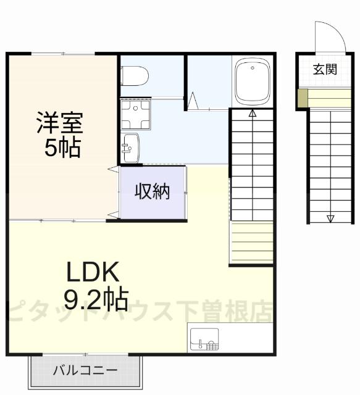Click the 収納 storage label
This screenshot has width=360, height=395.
(x=152, y=192)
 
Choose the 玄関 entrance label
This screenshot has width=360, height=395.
(x=324, y=69)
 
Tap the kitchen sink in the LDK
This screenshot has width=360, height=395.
(x=204, y=339)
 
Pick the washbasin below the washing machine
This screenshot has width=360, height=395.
(x=130, y=148)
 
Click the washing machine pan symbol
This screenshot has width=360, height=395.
(x=133, y=114)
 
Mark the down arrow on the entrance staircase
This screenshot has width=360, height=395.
(x=330, y=217)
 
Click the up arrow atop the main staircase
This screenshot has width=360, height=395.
(x=252, y=113)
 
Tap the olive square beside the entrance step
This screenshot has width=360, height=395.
(x=303, y=98)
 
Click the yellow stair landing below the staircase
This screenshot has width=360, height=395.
(x=252, y=244)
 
